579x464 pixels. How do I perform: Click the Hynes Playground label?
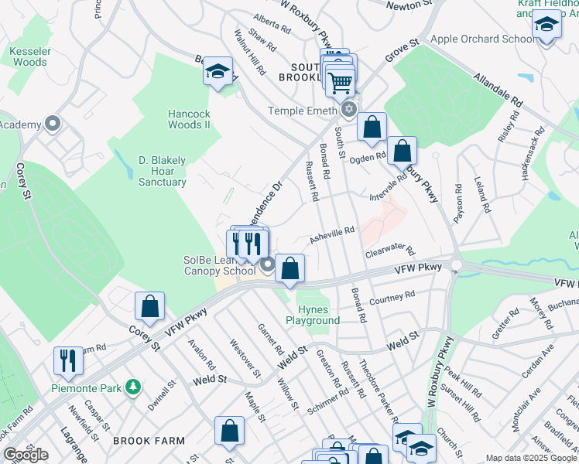click(x=313, y=315)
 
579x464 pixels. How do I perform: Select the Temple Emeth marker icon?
click(x=349, y=110)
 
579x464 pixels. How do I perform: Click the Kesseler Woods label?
click(x=29, y=56)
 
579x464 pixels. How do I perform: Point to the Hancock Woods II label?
click(x=190, y=119)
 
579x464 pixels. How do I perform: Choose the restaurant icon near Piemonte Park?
click(x=68, y=360)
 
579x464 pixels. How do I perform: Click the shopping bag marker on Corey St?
click(x=150, y=306)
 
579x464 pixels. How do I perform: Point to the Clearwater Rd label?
click(x=390, y=253)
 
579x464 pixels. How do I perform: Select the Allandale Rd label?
click(x=498, y=90)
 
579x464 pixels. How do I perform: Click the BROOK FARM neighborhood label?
click(x=142, y=441)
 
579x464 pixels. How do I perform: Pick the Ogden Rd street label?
click(x=367, y=158)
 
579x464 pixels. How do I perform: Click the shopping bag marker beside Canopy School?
click(x=289, y=268)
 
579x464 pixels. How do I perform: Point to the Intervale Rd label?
click(x=387, y=185)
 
